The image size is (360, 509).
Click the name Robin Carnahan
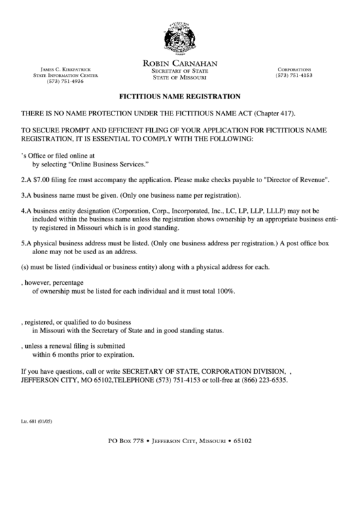tap(179, 63)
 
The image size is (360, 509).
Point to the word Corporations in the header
tap(293, 69)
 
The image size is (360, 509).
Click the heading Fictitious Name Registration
tap(180, 96)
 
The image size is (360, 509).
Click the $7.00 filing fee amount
tap(42, 181)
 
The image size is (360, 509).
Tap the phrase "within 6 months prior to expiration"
tap(83, 355)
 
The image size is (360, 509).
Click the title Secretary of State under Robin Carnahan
tap(179, 71)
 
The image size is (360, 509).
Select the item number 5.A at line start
tap(26, 243)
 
